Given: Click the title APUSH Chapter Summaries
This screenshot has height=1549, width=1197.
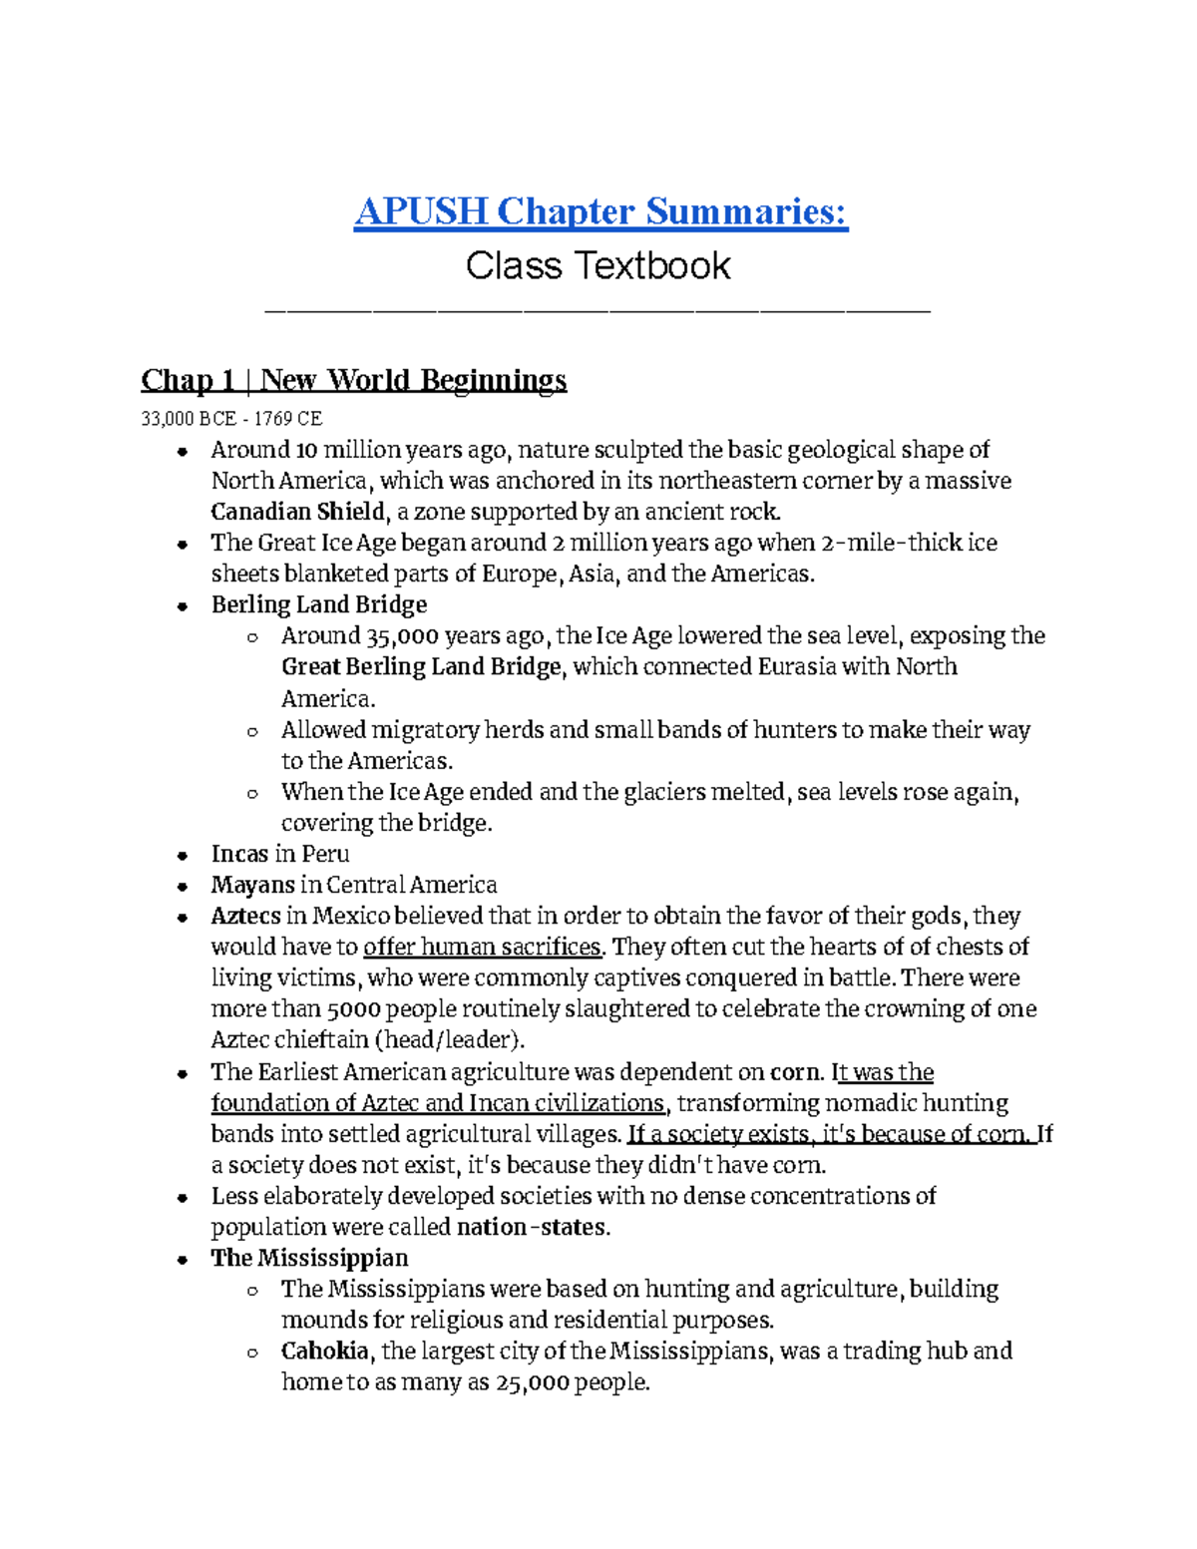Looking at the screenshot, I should point(600,211).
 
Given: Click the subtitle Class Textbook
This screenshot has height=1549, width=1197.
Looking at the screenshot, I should point(598,266).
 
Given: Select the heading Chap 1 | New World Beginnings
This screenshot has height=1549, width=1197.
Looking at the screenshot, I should point(353,380).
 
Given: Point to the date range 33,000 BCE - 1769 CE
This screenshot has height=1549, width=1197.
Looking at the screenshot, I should point(231,419).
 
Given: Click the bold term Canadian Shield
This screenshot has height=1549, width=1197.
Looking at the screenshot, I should point(297,513).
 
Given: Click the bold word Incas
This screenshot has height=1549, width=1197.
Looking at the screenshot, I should point(239,854).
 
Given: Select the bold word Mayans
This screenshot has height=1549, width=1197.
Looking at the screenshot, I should point(252,885).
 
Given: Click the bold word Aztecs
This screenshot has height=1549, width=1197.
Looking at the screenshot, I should point(245,916).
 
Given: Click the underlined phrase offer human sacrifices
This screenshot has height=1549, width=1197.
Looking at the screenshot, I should point(483,947).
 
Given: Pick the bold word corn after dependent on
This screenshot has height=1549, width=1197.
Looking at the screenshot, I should point(796,1072).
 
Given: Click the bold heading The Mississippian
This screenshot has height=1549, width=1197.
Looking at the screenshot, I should point(309,1258).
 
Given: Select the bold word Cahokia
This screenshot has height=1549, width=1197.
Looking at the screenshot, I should point(325,1352).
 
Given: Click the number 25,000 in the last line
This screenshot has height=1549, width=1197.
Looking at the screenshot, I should point(532,1383).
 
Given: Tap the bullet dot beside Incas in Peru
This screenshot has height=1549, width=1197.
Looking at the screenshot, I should point(182,856).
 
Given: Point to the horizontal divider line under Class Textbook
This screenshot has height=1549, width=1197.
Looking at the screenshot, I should point(598,313).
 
